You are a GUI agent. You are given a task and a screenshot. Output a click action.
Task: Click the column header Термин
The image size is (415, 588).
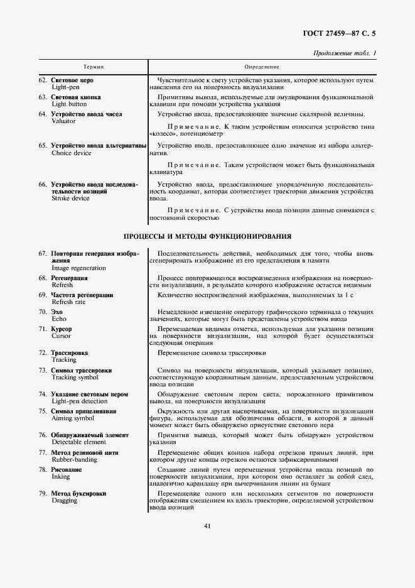[94, 66]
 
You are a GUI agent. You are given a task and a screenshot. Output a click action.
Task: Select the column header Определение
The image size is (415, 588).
[262, 66]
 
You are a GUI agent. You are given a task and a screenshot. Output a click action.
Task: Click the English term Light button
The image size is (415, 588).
[68, 105]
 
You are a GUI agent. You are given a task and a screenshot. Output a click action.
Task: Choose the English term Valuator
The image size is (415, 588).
[63, 121]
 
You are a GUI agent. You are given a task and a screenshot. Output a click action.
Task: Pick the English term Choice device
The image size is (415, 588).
[71, 153]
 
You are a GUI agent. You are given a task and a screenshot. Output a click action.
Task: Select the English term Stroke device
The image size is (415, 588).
[70, 199]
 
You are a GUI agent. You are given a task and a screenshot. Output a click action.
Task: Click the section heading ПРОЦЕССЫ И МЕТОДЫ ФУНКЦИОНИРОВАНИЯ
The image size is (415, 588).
[207, 237]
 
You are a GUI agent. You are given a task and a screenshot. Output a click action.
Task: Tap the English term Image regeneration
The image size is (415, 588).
[78, 268]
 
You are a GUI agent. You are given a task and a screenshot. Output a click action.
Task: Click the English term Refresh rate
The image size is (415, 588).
[68, 302]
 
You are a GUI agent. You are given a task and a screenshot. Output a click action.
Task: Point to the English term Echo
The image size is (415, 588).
[58, 318]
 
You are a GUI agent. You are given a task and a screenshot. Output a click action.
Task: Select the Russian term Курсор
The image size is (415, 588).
[62, 329]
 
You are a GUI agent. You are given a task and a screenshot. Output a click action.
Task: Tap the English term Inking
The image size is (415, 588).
[61, 476]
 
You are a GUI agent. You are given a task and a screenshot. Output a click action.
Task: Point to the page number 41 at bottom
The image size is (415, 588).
[207, 526]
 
